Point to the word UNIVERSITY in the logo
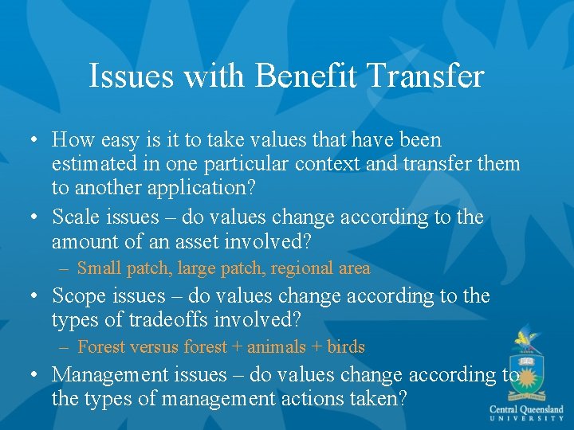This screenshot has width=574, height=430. [x=527, y=419]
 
